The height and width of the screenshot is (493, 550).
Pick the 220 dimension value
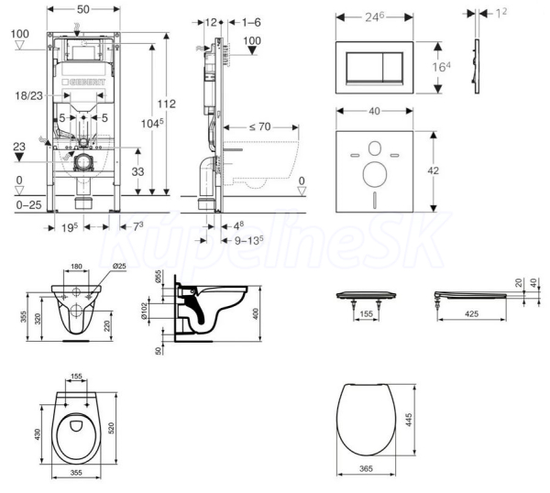108,323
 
